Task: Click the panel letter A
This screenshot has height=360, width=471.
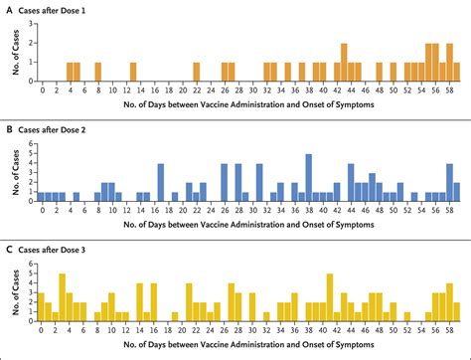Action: pos(9,7)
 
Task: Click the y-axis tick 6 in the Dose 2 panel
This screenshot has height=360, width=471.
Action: pos(32,145)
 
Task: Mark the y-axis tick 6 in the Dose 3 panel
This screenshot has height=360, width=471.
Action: pos(32,265)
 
